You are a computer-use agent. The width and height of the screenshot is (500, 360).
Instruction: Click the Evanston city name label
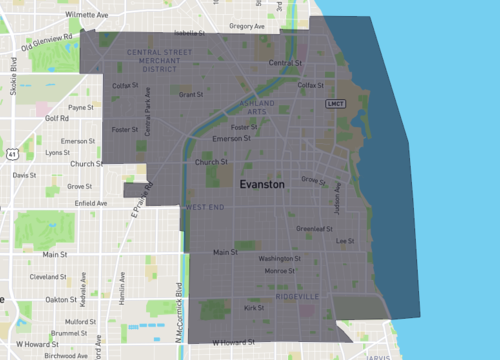coord(262,185)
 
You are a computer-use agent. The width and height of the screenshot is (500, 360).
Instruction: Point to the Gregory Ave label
coord(246,26)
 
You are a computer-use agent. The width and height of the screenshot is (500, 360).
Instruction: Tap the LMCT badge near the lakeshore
coord(336,103)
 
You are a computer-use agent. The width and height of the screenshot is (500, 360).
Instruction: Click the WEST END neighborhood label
coord(204,207)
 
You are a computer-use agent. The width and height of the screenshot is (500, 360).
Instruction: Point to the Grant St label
coord(190,95)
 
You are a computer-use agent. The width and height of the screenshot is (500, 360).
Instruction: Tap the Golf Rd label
coord(56,118)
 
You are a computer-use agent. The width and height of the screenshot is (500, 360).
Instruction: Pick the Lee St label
coord(346,241)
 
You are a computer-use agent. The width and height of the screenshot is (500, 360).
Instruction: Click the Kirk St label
coord(254,308)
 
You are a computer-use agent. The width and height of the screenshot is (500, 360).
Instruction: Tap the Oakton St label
coord(63,299)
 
